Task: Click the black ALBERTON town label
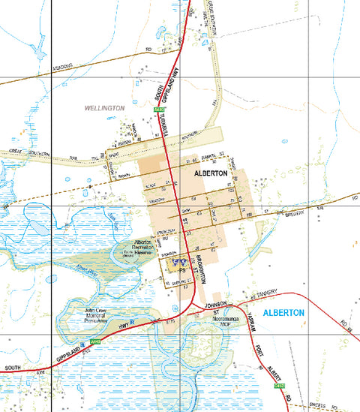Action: [x=210, y=173]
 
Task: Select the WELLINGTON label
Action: [x=104, y=108]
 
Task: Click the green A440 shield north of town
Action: [x=158, y=110]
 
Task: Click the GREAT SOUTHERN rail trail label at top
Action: [x=212, y=22]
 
